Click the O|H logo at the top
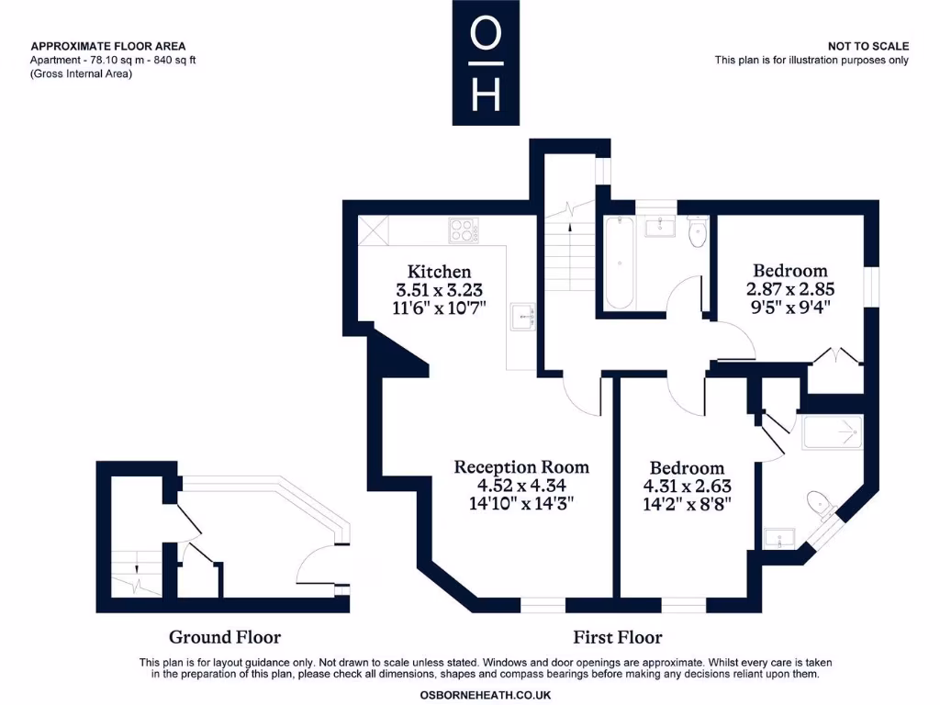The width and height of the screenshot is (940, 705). (485, 62)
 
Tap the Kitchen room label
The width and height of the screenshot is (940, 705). (439, 271)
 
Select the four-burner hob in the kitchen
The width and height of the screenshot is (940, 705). (464, 229)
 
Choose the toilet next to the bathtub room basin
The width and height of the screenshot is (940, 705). (697, 231)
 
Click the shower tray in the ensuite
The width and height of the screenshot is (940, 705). (833, 432)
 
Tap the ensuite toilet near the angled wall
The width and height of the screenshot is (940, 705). (820, 504)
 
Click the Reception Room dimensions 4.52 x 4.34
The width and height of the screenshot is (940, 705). (521, 485)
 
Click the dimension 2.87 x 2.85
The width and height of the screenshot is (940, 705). (789, 288)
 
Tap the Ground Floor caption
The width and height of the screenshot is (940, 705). (225, 637)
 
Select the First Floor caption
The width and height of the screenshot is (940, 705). (617, 637)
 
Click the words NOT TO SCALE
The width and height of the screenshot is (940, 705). (867, 46)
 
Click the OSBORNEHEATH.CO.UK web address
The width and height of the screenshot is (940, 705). (485, 695)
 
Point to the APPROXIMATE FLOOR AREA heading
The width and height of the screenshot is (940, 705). (108, 46)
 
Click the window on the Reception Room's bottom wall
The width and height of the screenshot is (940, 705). (543, 605)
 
